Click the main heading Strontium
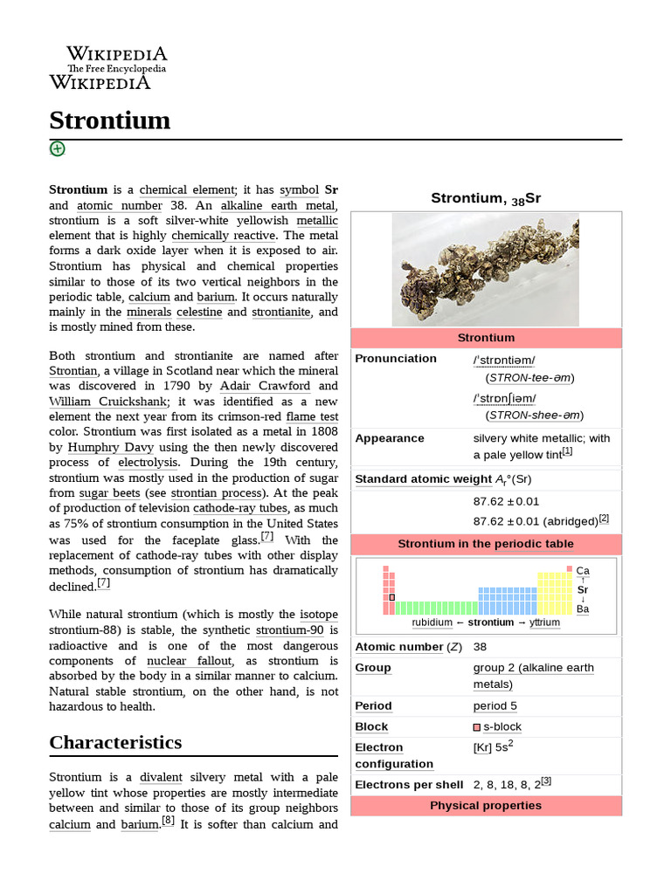tap(109, 120)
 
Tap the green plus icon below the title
tap(57, 148)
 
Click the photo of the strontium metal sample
tap(485, 270)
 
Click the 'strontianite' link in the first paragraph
tap(282, 312)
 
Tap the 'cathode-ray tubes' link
tap(239, 507)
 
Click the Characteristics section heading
tap(115, 742)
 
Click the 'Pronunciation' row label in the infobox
tap(396, 359)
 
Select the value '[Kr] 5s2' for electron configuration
tap(493, 748)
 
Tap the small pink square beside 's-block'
tap(477, 727)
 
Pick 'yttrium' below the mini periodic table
tap(544, 622)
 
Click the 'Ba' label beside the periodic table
tap(583, 609)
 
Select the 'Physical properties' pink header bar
tap(485, 805)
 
